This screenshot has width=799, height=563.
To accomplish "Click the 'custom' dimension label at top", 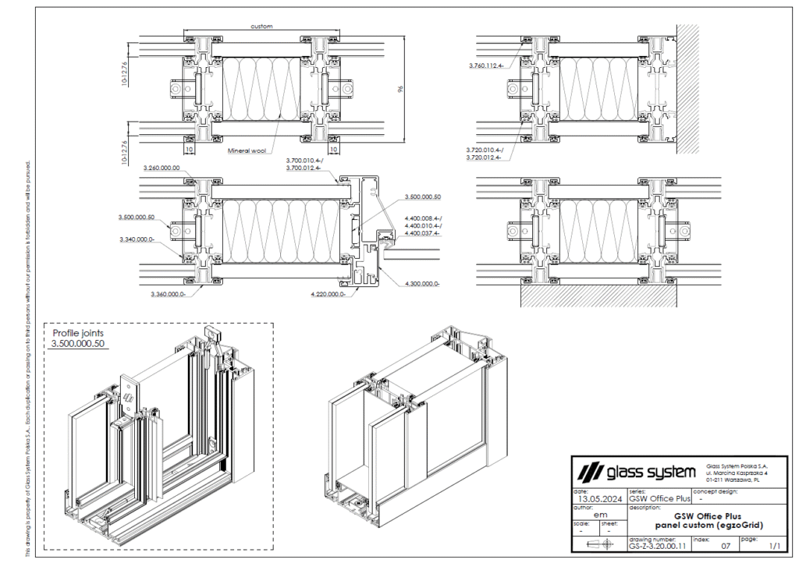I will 261,27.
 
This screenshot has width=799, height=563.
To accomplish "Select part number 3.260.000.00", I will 162,168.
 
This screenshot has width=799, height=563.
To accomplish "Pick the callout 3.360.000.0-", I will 167,295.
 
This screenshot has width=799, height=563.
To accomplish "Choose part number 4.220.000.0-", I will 328,295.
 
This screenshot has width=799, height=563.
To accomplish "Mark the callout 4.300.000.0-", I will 422,285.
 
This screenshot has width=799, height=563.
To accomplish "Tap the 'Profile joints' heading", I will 78,333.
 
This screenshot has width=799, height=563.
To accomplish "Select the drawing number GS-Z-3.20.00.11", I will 657,548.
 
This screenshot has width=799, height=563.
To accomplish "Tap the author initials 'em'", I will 600,515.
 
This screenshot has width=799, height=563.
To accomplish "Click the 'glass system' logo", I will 636,472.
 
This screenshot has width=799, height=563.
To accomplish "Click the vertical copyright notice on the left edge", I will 28,359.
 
